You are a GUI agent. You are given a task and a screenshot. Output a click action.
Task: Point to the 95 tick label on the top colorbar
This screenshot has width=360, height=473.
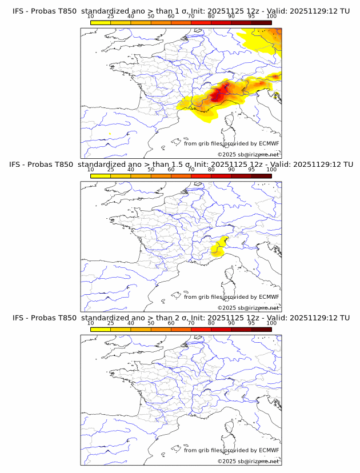[251, 16]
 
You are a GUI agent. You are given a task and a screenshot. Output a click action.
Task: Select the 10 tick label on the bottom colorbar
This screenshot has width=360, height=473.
[90, 323]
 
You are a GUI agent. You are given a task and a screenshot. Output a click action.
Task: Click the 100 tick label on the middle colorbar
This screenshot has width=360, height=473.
[271, 170]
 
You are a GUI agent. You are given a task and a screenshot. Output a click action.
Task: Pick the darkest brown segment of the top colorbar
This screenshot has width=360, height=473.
[262, 22]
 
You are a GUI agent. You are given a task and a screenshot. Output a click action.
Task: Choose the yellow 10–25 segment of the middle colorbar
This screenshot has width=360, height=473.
[100, 176]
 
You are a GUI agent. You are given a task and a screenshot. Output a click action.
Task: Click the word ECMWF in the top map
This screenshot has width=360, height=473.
[269, 143]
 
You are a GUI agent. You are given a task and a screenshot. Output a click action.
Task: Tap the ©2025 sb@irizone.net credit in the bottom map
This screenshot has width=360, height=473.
[248, 461]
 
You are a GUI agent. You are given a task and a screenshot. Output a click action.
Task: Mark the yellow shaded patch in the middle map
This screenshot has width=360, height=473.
[218, 247]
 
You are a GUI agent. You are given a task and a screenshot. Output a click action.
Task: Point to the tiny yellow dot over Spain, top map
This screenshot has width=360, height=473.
[109, 134]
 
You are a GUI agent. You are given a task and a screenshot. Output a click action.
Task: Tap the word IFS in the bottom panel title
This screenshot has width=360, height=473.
[19, 318]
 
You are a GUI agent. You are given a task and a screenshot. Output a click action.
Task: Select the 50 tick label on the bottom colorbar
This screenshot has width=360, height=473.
[151, 323]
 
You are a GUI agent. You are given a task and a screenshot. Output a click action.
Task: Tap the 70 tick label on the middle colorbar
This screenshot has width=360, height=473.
[191, 170]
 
